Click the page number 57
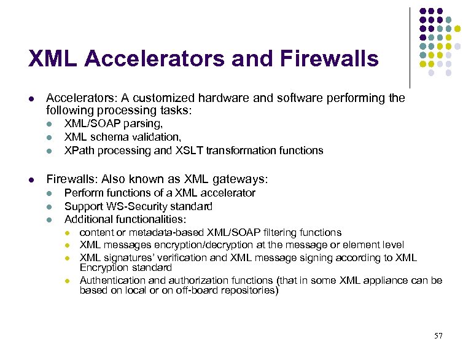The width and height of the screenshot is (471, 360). [x=438, y=335]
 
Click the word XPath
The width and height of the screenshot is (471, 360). [x=79, y=151]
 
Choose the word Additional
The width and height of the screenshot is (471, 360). [x=87, y=219]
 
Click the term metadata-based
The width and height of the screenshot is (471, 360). [x=158, y=232]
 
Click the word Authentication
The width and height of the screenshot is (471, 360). [x=112, y=280]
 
